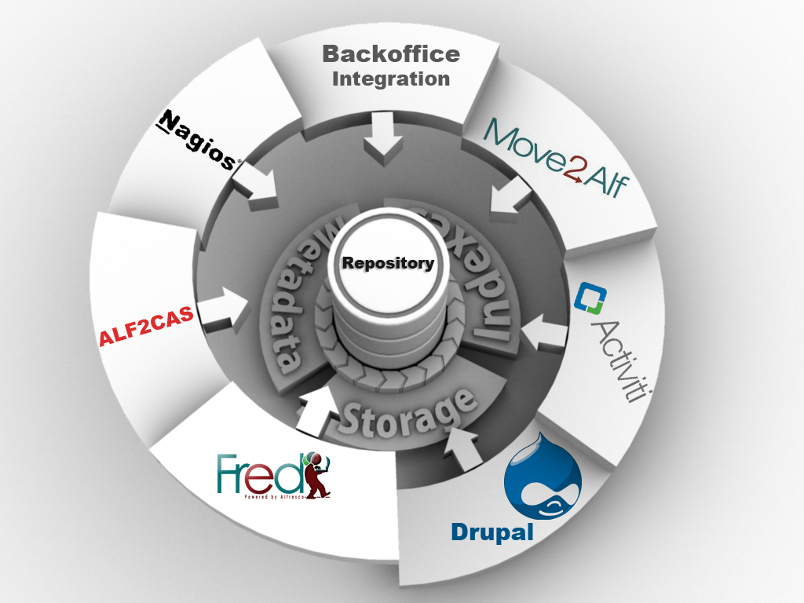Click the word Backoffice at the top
pyautogui.click(x=391, y=54)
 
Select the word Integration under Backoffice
pyautogui.click(x=391, y=79)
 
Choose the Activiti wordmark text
pyautogui.click(x=616, y=360)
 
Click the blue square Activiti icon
pyautogui.click(x=587, y=298)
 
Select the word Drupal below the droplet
pyautogui.click(x=492, y=532)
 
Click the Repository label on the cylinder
pyautogui.click(x=388, y=263)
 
